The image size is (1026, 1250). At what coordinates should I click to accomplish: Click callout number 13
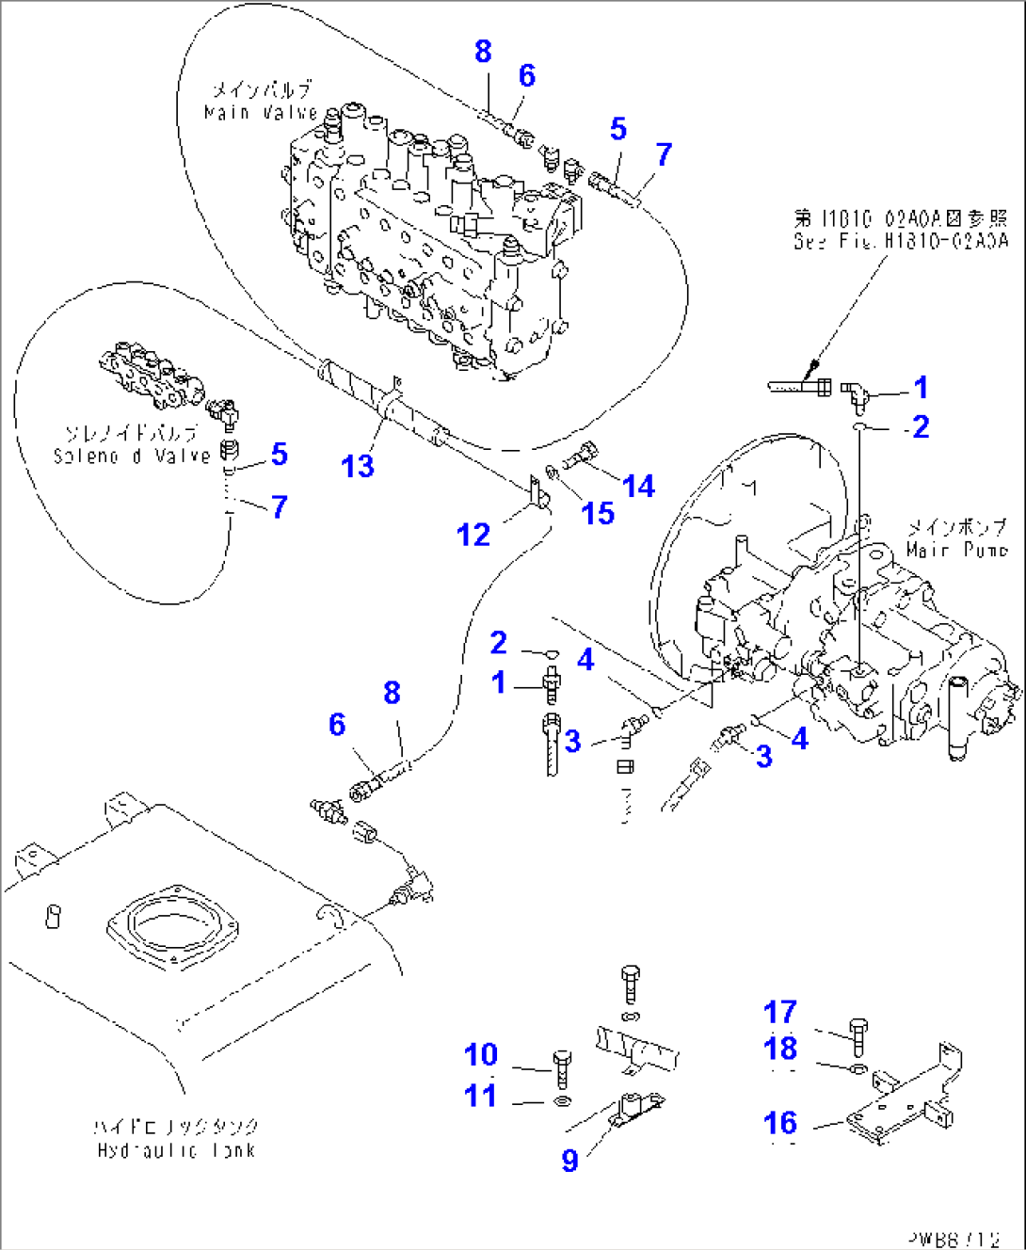pos(358,466)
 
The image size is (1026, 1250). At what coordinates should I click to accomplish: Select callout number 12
pos(473,535)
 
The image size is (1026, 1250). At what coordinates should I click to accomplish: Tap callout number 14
pos(638,486)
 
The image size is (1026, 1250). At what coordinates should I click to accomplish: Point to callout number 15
pos(598,513)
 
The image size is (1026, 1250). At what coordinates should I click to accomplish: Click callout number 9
pos(569,1160)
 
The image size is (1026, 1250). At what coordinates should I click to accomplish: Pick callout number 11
pos(480,1096)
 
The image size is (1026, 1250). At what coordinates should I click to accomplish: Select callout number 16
pos(780,1122)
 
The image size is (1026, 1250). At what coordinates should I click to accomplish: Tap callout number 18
pos(780,1048)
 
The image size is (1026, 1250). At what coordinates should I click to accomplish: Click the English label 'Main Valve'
pos(261,113)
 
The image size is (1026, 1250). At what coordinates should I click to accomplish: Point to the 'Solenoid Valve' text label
pos(132,456)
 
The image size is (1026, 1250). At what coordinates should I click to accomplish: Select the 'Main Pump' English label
pos(956,549)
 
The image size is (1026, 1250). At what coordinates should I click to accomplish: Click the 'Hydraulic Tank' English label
pos(176,1150)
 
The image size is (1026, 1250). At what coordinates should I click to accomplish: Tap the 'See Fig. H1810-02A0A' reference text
pos(900,241)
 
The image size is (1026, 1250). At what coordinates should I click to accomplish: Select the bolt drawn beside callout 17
pos(858,1035)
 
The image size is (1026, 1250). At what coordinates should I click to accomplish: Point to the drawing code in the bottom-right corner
pos(953,1239)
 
